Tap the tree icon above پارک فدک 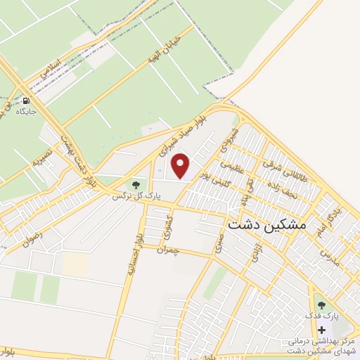click(x=321, y=305)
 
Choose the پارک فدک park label click(x=323, y=316)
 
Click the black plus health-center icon click(x=321, y=329)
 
